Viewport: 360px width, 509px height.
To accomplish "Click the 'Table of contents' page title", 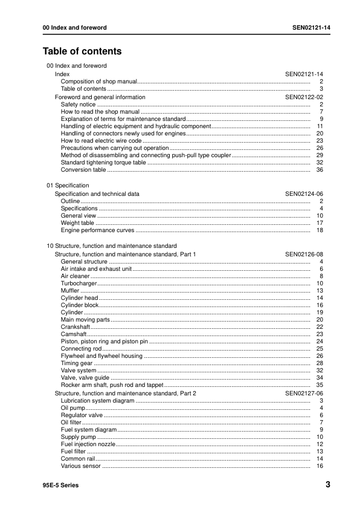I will point(82,51).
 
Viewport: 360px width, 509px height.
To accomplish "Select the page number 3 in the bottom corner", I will point(327,485).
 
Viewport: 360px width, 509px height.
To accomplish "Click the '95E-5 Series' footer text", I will point(60,485).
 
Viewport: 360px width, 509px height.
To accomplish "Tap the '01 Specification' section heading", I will point(68,186).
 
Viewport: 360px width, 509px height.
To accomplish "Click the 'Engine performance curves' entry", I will point(97,230).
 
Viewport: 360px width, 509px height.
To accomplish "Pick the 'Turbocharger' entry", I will point(79,283).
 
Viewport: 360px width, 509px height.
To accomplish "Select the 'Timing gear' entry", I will point(76,363).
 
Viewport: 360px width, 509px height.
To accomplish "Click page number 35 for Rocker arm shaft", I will point(320,385).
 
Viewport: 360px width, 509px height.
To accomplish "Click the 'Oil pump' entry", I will point(73,408).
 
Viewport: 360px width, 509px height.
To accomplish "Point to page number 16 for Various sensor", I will point(320,466).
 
